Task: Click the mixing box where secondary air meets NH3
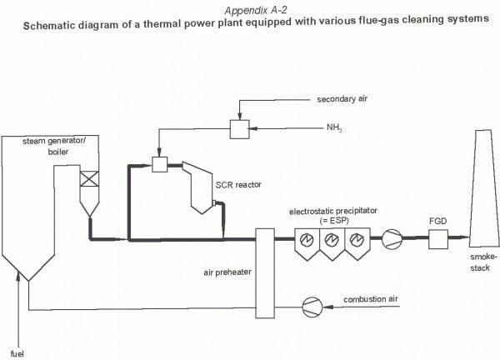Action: pyautogui.click(x=240, y=128)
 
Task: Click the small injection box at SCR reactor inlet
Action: pyautogui.click(x=159, y=166)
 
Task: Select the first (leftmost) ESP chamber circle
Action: pyautogui.click(x=306, y=241)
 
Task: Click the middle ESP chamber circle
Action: pyautogui.click(x=332, y=241)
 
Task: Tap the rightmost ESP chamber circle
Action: pyautogui.click(x=357, y=241)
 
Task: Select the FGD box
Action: pyautogui.click(x=438, y=240)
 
